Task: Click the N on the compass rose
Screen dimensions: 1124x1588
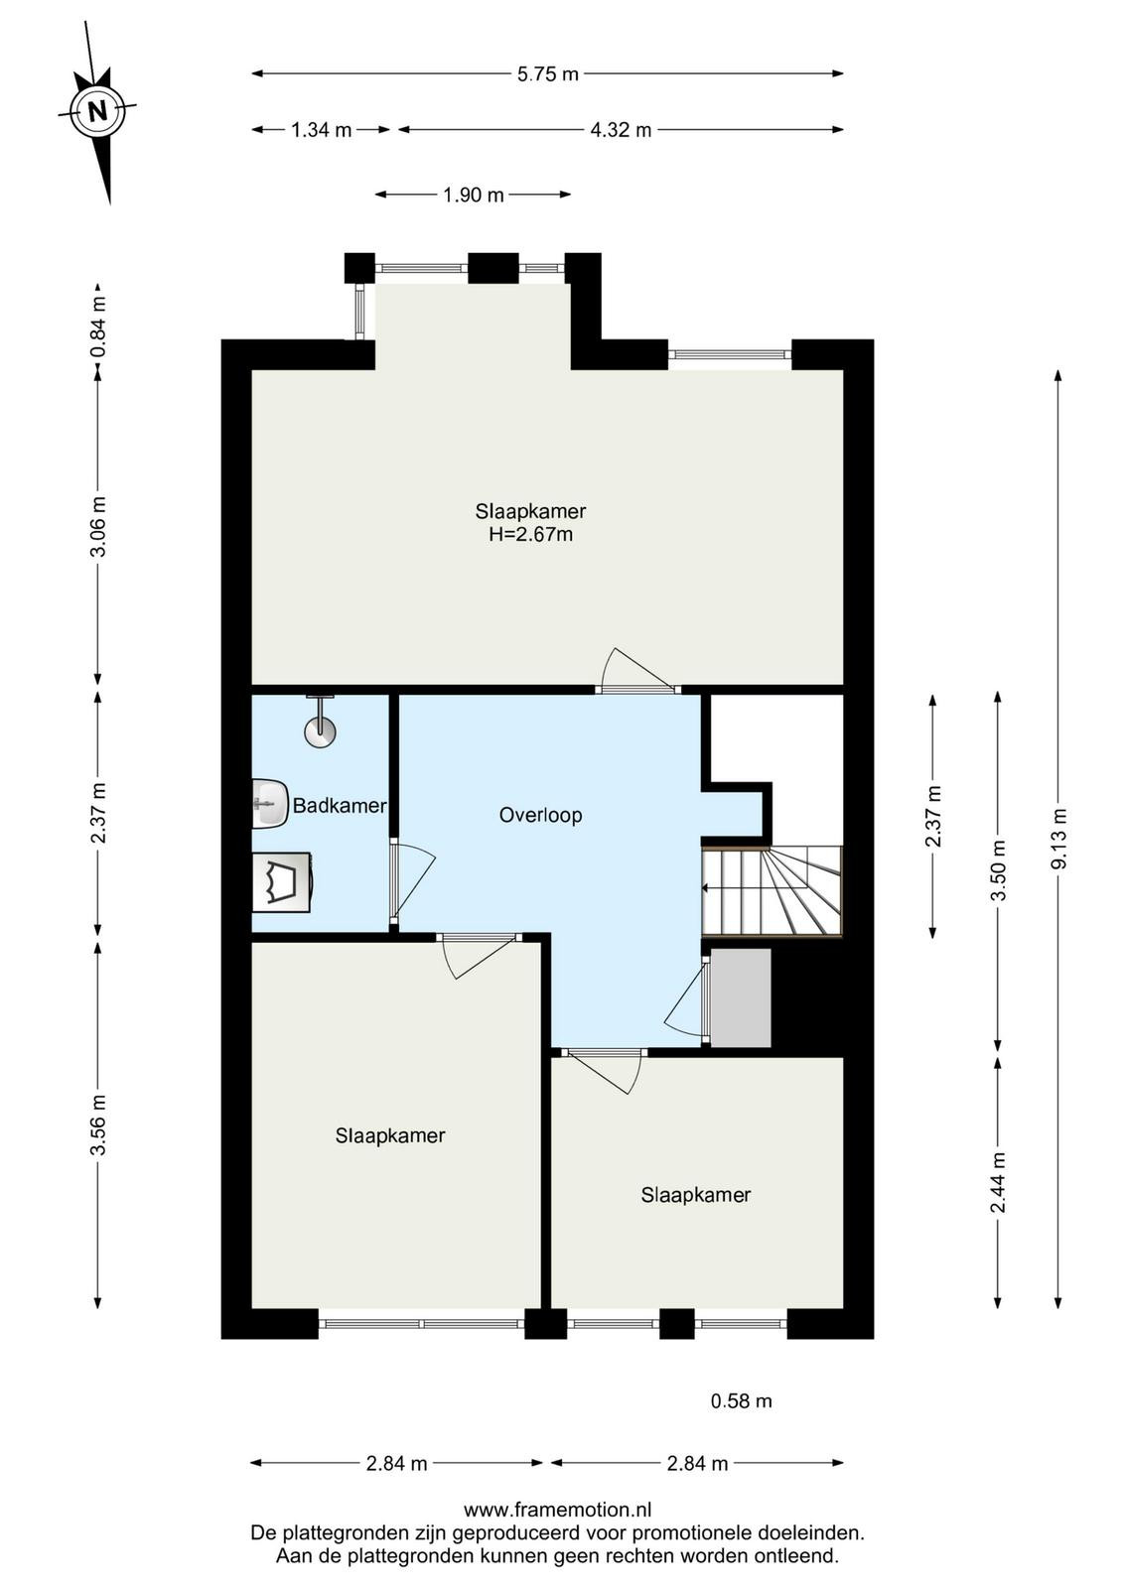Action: pos(97,110)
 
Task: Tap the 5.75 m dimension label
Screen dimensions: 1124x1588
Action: pos(547,73)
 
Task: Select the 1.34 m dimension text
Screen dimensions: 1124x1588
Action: pos(322,130)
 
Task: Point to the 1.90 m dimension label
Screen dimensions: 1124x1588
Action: pos(473,195)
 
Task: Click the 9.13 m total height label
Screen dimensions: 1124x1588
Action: pos(1058,839)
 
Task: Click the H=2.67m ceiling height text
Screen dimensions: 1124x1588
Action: pos(530,535)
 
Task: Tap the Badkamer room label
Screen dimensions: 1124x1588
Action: pos(339,805)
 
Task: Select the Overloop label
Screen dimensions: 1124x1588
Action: pos(540,815)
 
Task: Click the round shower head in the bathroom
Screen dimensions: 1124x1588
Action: pos(320,731)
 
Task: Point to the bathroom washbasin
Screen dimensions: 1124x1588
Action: pos(270,803)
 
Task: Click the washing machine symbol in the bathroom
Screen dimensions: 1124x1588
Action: pos(282,882)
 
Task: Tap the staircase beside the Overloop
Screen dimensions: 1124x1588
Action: pos(771,891)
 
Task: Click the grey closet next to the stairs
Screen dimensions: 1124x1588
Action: pos(741,998)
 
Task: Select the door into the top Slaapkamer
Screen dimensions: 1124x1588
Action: pos(636,671)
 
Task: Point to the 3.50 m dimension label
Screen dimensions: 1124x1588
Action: pos(999,869)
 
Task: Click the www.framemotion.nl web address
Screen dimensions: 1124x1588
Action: pos(557,1510)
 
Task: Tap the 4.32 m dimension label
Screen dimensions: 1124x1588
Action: pos(621,130)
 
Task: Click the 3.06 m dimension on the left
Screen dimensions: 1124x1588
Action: pos(98,527)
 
